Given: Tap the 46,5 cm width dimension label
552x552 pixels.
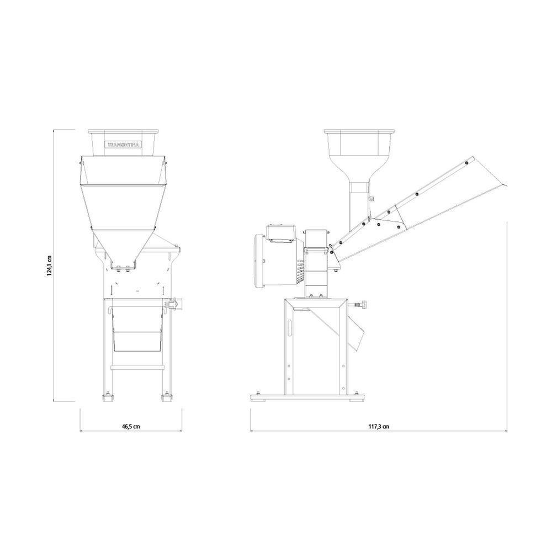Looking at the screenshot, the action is pyautogui.click(x=131, y=426).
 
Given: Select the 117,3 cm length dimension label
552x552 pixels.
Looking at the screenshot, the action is pyautogui.click(x=379, y=426).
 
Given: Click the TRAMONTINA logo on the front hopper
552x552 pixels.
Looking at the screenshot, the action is pyautogui.click(x=124, y=145).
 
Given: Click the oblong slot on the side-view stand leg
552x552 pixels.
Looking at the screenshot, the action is pyautogui.click(x=290, y=328).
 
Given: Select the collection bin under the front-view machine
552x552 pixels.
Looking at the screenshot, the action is pyautogui.click(x=137, y=329).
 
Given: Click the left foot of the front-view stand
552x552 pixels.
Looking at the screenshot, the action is pyautogui.click(x=108, y=397).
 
